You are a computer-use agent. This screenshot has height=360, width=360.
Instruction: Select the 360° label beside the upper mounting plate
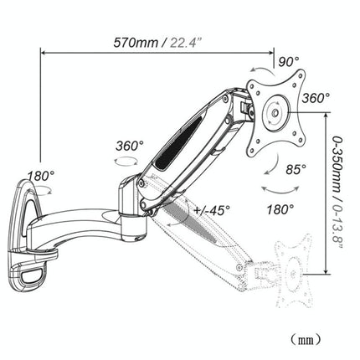click(x=316, y=98)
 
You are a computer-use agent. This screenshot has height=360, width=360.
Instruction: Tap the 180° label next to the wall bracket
click(x=41, y=177)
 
